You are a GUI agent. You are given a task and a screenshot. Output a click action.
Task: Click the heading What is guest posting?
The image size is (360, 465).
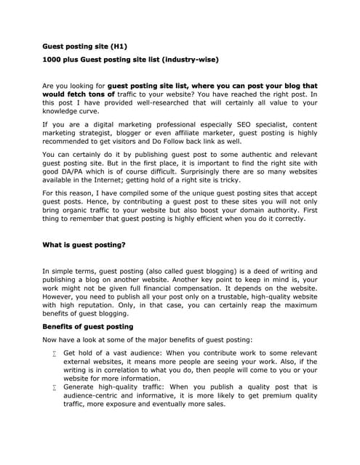pos(84,245)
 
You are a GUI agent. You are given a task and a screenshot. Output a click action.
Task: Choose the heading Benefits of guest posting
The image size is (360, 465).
pos(88,327)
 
